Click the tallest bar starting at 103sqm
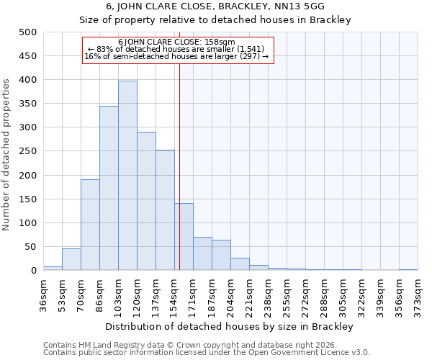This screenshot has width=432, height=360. pyautogui.click(x=127, y=176)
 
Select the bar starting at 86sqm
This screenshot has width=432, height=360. pyautogui.click(x=109, y=188)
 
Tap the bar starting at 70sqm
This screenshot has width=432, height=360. pyautogui.click(x=90, y=225)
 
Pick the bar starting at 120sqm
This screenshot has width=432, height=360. pyautogui.click(x=146, y=201)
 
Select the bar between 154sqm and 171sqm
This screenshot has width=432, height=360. pyautogui.click(x=184, y=237)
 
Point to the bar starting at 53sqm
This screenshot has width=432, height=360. pyautogui.click(x=71, y=259)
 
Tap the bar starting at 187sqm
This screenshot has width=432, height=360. pyautogui.click(x=221, y=255)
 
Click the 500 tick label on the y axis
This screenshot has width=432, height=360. pyautogui.click(x=28, y=32)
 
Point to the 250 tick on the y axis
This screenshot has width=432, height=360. pyautogui.click(x=28, y=151)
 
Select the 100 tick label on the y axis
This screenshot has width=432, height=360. pyautogui.click(x=28, y=223)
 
